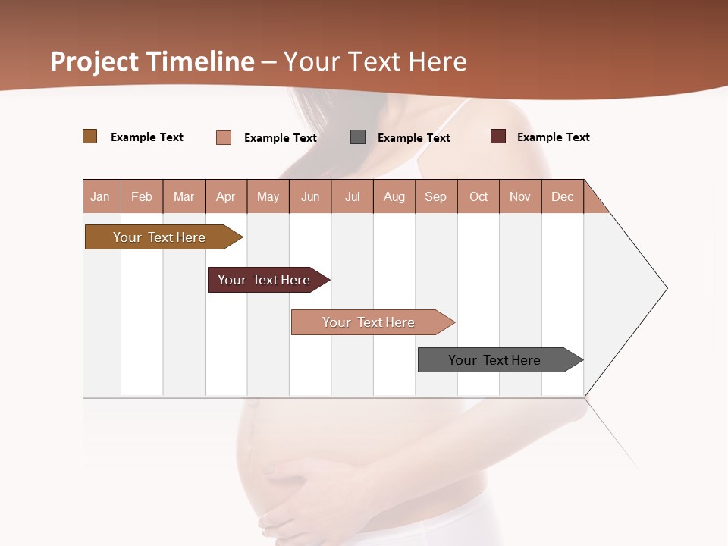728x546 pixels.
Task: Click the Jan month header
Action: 101,196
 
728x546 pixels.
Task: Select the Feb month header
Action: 142,196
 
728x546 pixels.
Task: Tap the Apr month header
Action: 226,196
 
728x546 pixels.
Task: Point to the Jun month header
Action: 310,196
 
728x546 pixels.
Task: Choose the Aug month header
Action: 394,196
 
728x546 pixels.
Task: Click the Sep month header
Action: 436,196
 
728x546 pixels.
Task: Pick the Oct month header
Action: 479,196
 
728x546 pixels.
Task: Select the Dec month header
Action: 563,196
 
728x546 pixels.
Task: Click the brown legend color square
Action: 90,136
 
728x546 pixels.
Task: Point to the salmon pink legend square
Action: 224,137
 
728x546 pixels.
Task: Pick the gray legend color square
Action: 358,137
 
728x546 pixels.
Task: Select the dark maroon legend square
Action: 498,136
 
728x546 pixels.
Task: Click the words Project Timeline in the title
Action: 152,61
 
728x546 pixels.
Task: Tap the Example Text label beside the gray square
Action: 414,138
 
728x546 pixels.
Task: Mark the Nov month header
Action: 520,196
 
